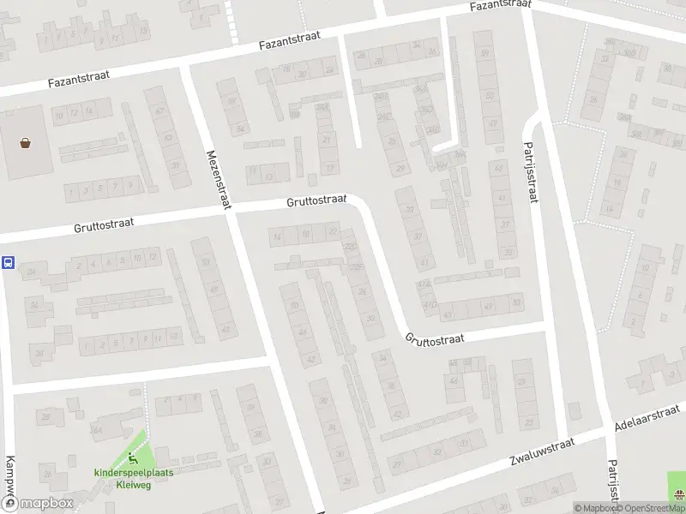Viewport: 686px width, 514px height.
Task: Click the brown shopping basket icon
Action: click(x=25, y=143)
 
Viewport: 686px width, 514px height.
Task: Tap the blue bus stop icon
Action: click(x=8, y=263)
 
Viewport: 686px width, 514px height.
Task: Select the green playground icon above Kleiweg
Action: click(x=131, y=458)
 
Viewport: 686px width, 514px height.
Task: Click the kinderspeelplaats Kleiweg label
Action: click(x=128, y=477)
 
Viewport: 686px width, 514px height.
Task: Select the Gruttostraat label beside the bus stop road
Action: click(x=104, y=224)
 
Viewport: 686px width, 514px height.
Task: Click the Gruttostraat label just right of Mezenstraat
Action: click(x=316, y=202)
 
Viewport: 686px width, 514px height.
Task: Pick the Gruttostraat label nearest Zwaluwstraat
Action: click(x=435, y=338)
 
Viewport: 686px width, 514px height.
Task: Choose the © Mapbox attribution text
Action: click(x=594, y=507)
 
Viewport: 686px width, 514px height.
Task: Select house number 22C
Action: click(x=350, y=248)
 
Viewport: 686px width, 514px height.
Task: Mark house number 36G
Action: click(x=433, y=130)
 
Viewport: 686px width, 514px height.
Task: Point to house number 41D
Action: click(x=424, y=284)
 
